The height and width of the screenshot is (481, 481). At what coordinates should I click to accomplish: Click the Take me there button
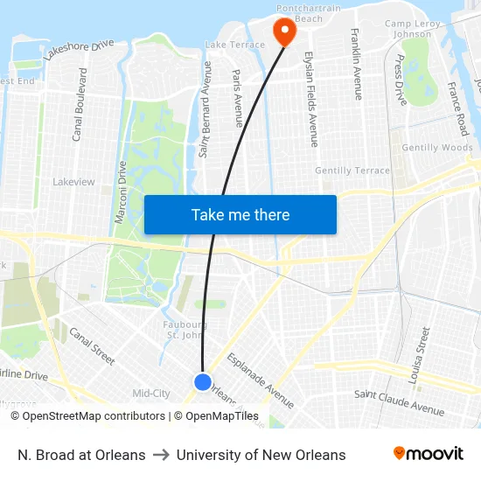point(240,215)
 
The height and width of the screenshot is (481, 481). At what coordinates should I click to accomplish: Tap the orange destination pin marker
point(285,31)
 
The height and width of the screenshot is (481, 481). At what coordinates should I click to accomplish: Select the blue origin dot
point(203,382)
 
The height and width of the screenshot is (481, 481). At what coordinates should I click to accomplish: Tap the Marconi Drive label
point(122,191)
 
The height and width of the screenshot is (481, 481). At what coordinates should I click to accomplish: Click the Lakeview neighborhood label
point(73,182)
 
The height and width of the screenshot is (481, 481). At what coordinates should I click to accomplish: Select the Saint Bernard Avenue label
point(206,109)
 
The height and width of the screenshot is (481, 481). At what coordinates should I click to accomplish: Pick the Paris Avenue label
point(237,99)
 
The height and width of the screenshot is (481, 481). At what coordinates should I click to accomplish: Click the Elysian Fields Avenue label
point(310,97)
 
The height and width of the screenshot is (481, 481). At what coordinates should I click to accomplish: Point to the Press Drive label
point(400,80)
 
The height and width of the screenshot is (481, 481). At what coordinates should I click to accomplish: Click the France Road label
point(457,108)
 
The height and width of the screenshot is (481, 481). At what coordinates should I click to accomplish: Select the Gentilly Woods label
point(437,148)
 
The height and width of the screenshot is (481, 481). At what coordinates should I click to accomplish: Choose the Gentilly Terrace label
point(352,171)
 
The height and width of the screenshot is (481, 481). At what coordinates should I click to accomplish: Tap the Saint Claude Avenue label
point(399,401)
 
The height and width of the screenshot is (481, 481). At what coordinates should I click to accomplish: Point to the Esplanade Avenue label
point(260,380)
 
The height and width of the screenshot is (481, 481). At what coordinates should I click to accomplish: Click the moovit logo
point(428,454)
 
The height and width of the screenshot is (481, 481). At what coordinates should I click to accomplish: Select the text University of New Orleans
point(261,455)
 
